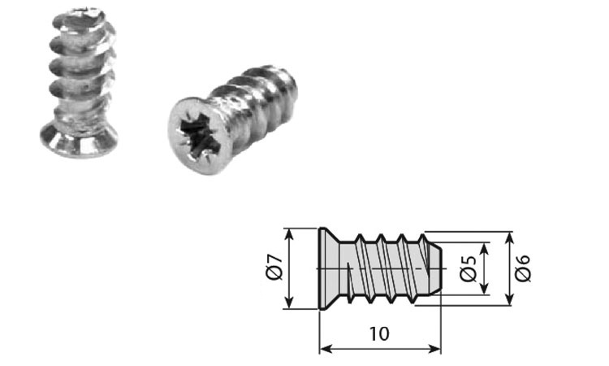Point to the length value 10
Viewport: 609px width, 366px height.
[378, 333]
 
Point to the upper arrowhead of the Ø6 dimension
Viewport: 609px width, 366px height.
[509, 237]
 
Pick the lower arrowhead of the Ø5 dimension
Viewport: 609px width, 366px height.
[485, 290]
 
